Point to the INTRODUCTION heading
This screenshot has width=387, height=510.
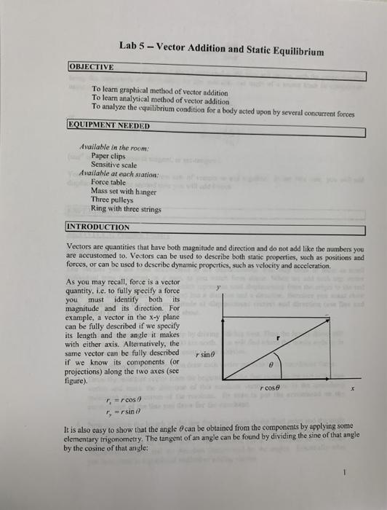coord(97,227)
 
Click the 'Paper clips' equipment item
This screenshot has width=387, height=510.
coord(108,156)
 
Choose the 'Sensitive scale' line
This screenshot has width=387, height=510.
coord(116,165)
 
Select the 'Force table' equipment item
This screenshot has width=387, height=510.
coord(111,182)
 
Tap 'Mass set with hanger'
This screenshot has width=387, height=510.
coord(124,191)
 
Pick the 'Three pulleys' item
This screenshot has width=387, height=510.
coord(113,200)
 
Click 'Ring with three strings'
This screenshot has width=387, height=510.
coord(125,208)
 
